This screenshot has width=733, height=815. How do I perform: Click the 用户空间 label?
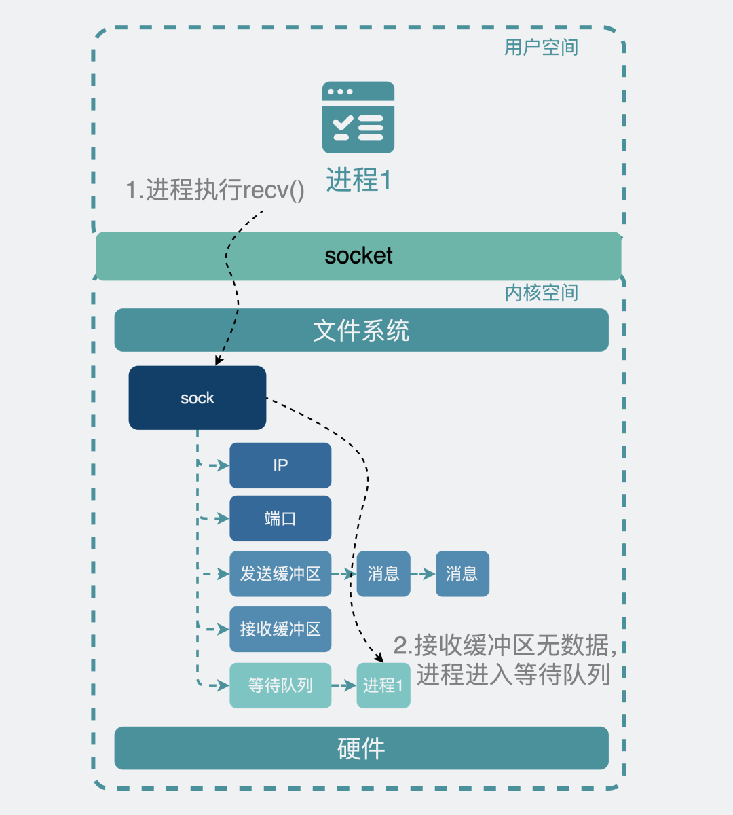pos(541,48)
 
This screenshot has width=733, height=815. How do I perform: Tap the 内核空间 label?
pos(541,293)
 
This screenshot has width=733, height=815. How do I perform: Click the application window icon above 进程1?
pos(358,117)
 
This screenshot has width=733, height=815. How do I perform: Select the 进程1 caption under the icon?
pos(358,180)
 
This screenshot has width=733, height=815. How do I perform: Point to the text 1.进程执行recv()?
pos(215,190)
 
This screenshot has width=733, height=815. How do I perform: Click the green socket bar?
pos(358,256)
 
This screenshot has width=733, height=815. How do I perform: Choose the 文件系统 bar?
pos(361,331)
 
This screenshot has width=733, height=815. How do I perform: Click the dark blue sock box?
pos(197,398)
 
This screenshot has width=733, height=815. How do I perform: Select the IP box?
pos(280,465)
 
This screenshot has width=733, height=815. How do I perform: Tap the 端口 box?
pos(280,519)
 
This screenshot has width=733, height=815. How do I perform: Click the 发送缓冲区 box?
pos(280,574)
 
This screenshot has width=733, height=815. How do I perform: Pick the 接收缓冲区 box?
pos(280,629)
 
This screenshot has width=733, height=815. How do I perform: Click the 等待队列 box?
pos(280,685)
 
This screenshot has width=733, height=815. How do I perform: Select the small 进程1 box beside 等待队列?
pos(383,685)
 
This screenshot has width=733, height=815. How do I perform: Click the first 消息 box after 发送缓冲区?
pos(383,574)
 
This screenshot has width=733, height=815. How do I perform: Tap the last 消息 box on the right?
pos(462,574)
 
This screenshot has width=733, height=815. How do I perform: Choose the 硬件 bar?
pos(361,748)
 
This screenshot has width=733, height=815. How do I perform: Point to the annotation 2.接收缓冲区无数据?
pos(506,645)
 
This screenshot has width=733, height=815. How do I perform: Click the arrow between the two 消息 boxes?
pos(423,574)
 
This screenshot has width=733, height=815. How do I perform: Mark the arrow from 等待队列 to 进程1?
pos(344,685)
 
